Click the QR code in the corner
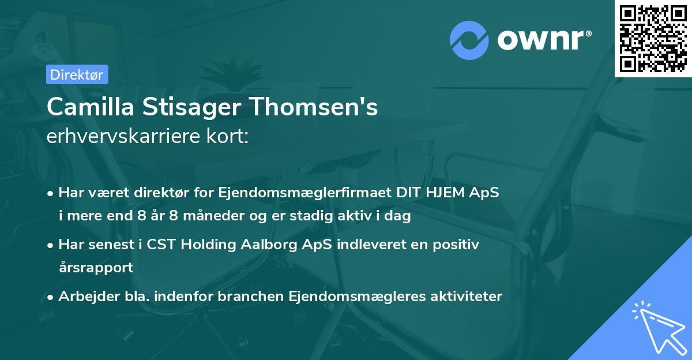(x=653, y=38)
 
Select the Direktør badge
(x=76, y=74)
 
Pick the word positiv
(x=457, y=245)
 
